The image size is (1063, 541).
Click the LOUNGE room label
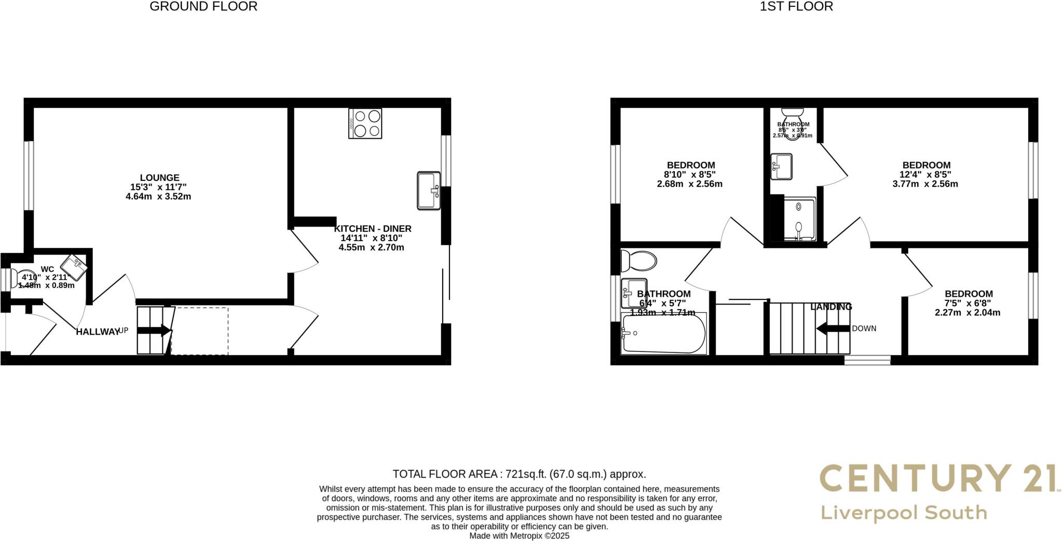click(x=159, y=178)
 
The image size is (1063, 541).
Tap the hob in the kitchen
click(x=365, y=123)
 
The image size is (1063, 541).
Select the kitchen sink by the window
click(x=429, y=191)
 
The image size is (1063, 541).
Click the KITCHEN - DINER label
click(x=373, y=229)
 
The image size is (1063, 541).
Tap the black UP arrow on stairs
click(x=154, y=330)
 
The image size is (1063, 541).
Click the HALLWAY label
click(x=98, y=332)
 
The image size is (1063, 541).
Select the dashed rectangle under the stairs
click(x=200, y=331)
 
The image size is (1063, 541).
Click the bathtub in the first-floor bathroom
click(x=664, y=334)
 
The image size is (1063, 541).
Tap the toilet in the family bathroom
click(x=639, y=261)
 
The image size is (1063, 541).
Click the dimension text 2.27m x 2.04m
click(x=967, y=313)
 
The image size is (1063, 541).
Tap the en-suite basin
click(x=782, y=166)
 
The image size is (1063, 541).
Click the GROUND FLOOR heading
click(x=203, y=7)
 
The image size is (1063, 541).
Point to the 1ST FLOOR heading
click(x=796, y=7)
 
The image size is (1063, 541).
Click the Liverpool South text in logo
click(x=904, y=513)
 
